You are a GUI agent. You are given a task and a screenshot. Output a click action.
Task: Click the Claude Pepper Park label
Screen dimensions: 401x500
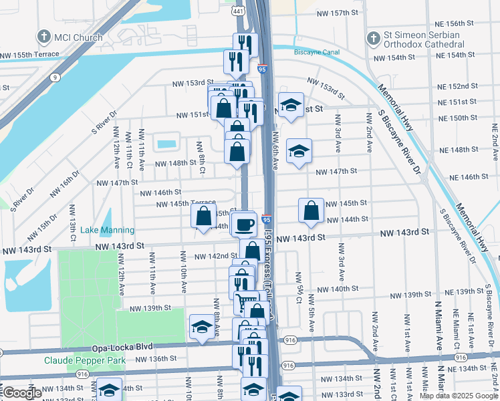[x=85, y=360]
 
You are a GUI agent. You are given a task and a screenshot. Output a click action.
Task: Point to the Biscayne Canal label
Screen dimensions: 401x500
[x=316, y=51]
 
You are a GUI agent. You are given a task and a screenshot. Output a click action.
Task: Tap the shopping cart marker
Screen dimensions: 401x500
[x=247, y=302]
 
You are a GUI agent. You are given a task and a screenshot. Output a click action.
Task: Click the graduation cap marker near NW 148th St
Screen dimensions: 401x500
[x=299, y=150]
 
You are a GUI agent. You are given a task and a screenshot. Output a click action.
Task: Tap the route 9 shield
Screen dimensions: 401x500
[x=53, y=77]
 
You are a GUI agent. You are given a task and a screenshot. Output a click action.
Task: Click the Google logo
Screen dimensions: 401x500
[x=21, y=393]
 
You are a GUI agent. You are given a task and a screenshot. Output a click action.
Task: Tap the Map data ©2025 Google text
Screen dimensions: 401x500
[x=459, y=396]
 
